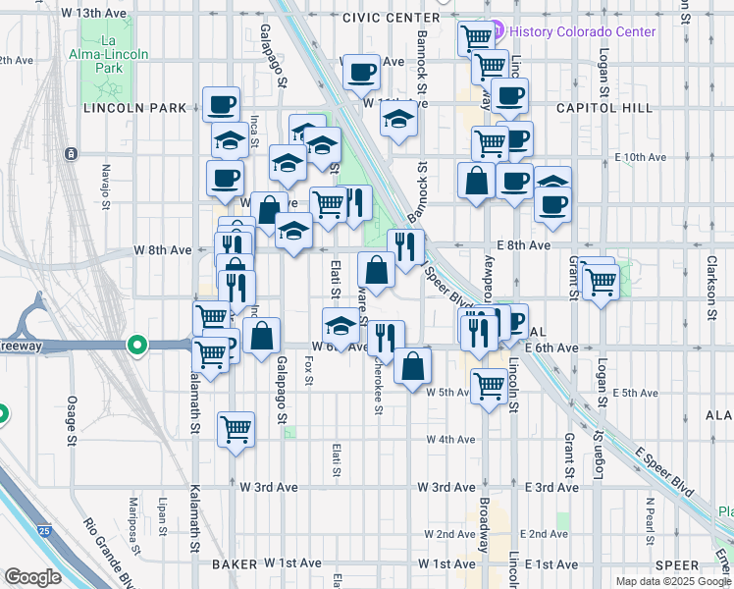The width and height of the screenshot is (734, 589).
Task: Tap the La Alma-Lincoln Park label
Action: [102, 56]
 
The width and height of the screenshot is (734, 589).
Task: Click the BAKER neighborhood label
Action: [234, 564]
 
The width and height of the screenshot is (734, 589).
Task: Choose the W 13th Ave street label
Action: [93, 13]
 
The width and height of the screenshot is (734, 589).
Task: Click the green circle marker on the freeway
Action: [137, 345]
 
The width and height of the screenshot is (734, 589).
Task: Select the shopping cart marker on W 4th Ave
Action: [236, 428]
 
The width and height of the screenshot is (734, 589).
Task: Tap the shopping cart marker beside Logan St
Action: [601, 282]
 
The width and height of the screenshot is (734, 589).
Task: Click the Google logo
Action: [32, 577]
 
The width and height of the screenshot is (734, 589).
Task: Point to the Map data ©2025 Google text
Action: [673, 581]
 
